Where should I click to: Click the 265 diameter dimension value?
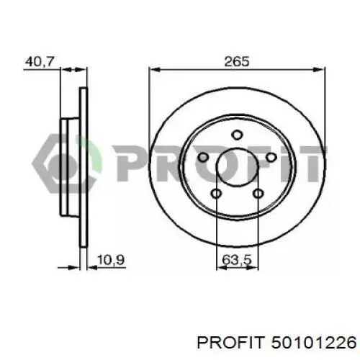click(237, 62)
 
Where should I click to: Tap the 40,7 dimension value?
click(40, 62)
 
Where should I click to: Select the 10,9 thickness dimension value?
click(111, 260)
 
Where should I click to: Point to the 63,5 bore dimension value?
click(237, 260)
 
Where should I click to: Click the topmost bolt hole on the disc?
click(237, 135)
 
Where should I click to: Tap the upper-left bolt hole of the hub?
click(203, 158)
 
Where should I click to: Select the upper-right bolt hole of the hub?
click(271, 158)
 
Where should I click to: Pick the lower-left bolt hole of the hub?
click(216, 194)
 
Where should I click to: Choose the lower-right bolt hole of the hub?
click(258, 194)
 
